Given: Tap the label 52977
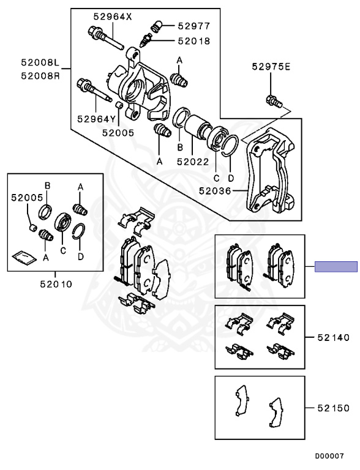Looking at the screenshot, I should (194, 26).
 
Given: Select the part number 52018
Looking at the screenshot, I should (194, 41).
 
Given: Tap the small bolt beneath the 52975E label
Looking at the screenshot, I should (272, 100).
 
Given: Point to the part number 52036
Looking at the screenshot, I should (215, 191).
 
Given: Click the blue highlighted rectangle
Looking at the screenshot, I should (336, 266).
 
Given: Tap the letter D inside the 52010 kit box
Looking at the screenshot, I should (80, 257).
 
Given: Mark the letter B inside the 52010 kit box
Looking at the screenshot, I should (47, 185).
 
